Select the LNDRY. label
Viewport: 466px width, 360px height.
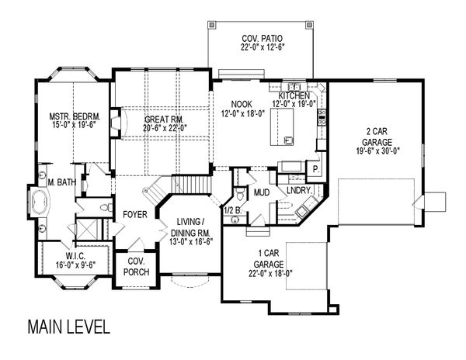(x=299, y=189)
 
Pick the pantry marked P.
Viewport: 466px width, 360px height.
(x=316, y=168)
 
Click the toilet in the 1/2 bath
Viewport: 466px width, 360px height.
(x=241, y=194)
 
